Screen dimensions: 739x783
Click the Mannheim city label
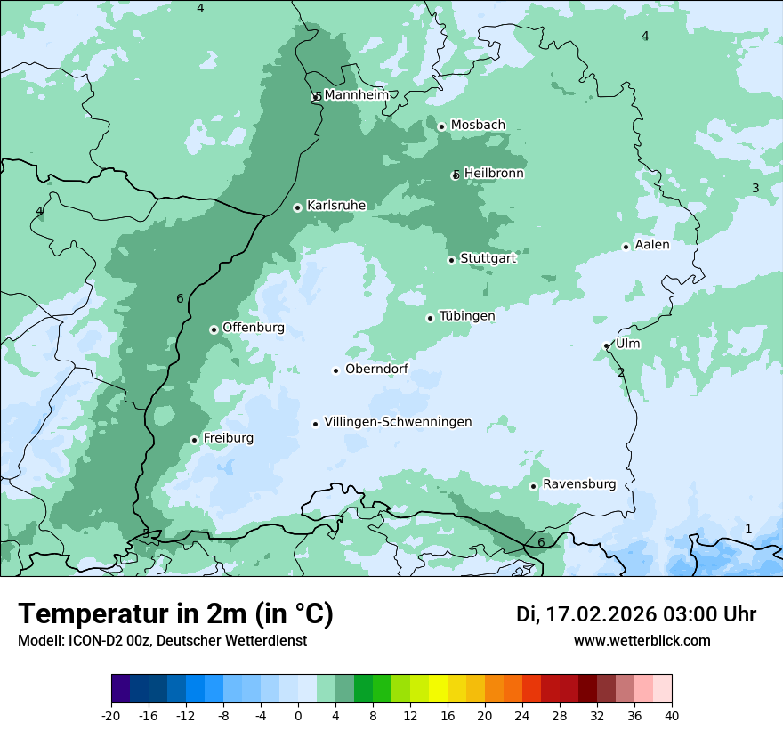[x=357, y=94]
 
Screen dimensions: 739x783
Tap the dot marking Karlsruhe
[x=297, y=207]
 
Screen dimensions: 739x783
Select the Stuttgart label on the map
[x=488, y=258]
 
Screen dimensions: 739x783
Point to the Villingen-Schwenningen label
[x=398, y=422]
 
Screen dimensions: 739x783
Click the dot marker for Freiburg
[x=194, y=440]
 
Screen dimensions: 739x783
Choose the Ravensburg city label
[x=579, y=484]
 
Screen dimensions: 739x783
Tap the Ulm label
[x=627, y=344]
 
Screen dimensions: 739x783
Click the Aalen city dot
[x=626, y=247]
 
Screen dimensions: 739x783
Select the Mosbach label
[x=478, y=125]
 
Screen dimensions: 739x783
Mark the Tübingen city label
[x=467, y=316]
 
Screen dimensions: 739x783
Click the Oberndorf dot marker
[x=335, y=370]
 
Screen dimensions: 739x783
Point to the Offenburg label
[x=254, y=328]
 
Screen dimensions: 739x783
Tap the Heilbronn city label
[x=494, y=174]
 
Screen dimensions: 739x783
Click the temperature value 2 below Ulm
[x=621, y=372]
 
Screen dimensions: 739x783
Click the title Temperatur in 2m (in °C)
[x=175, y=613]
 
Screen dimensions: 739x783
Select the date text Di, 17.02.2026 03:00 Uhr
[x=636, y=614]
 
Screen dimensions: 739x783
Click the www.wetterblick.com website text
[x=642, y=640]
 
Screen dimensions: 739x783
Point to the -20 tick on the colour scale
[x=111, y=715]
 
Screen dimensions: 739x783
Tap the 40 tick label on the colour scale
[x=672, y=715]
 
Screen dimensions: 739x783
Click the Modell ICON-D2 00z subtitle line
[x=162, y=640]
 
